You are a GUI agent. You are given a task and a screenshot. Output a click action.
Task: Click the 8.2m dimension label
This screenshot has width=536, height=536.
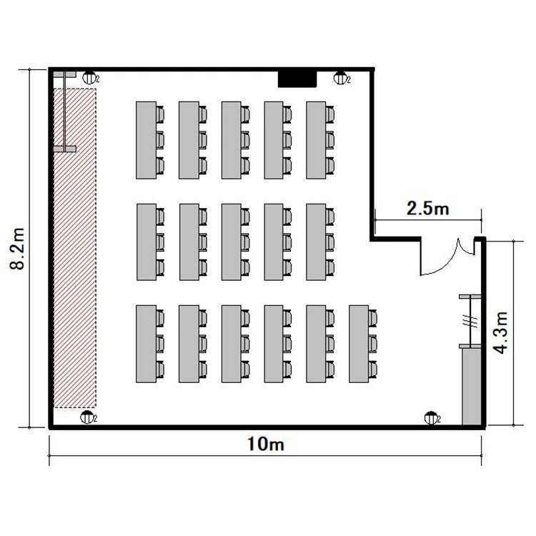17,249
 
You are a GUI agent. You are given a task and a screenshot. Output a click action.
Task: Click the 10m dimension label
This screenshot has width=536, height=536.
266,445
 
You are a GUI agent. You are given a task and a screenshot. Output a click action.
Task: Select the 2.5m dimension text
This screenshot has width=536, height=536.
427,208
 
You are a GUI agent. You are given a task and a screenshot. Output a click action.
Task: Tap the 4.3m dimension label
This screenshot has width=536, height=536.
501,332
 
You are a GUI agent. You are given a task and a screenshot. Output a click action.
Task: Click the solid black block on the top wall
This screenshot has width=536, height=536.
297,79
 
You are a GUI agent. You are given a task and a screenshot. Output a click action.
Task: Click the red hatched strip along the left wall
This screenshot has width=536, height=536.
75,248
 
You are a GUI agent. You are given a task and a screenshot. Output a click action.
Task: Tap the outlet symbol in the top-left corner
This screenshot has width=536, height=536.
89,78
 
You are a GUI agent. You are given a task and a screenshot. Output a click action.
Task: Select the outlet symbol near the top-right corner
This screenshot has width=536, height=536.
340,78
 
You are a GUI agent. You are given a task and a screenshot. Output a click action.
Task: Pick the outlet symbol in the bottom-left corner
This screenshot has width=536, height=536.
86,417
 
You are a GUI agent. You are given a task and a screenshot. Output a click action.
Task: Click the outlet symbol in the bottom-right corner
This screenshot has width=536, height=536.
431,418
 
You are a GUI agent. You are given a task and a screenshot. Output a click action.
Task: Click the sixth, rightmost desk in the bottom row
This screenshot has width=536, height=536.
359,344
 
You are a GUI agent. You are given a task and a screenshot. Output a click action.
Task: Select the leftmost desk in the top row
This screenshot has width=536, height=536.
147,140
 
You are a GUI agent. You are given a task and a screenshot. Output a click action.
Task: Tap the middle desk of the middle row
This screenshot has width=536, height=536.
231,242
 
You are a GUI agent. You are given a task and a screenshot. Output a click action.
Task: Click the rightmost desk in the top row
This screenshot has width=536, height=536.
316,140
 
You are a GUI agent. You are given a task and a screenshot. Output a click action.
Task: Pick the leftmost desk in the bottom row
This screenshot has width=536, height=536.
147,344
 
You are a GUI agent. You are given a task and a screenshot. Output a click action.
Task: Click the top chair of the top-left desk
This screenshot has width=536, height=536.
160,114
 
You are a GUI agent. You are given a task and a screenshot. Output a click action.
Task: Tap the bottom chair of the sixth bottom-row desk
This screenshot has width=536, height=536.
373,369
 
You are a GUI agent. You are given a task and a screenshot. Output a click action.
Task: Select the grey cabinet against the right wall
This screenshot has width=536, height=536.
472,386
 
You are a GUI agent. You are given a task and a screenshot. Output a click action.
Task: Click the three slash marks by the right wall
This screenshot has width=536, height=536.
470,321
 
